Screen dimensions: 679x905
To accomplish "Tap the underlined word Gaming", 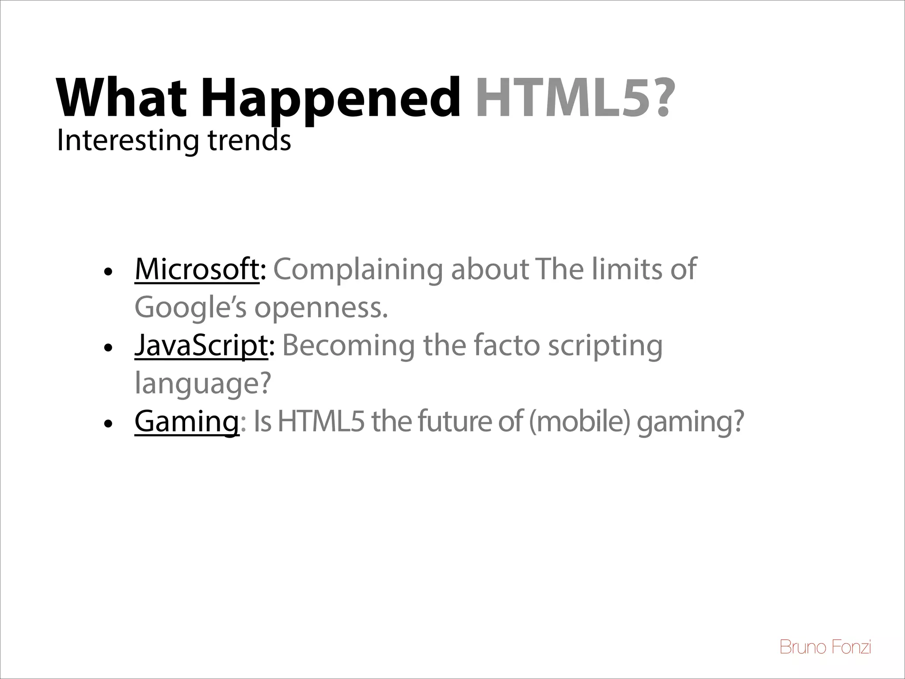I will point(186,421).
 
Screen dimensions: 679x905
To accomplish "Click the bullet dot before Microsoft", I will point(107,271).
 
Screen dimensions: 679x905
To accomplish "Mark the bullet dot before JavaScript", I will point(107,348).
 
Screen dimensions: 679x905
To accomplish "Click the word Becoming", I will point(348,345).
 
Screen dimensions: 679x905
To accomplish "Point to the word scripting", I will point(605,346).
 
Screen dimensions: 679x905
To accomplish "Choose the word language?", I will point(202,384).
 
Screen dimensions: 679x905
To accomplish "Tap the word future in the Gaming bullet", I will point(455,421).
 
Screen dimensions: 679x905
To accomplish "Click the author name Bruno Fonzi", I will point(825,647).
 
